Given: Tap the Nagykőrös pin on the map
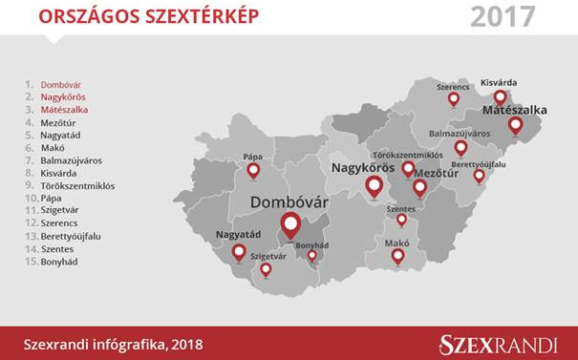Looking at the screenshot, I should click(374, 186).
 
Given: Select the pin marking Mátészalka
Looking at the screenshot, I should click(516, 125).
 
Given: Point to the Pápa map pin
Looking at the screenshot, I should click(253, 171).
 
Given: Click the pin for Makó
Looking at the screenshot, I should click(397, 255).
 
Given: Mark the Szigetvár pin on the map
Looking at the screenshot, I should click(266, 269).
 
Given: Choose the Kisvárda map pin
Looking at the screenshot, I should click(500, 97).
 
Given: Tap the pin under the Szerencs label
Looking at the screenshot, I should click(454, 98).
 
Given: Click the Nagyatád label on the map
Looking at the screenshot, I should click(238, 234).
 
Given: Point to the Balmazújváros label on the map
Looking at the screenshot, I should click(460, 134).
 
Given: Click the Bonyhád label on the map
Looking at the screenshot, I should click(312, 244).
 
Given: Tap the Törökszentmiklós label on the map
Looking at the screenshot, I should click(406, 154).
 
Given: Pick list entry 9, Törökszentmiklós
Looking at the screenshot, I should click(77, 186).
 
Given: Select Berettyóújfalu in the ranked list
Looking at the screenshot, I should click(71, 236).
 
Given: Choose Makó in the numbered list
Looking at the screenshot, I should click(54, 148).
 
